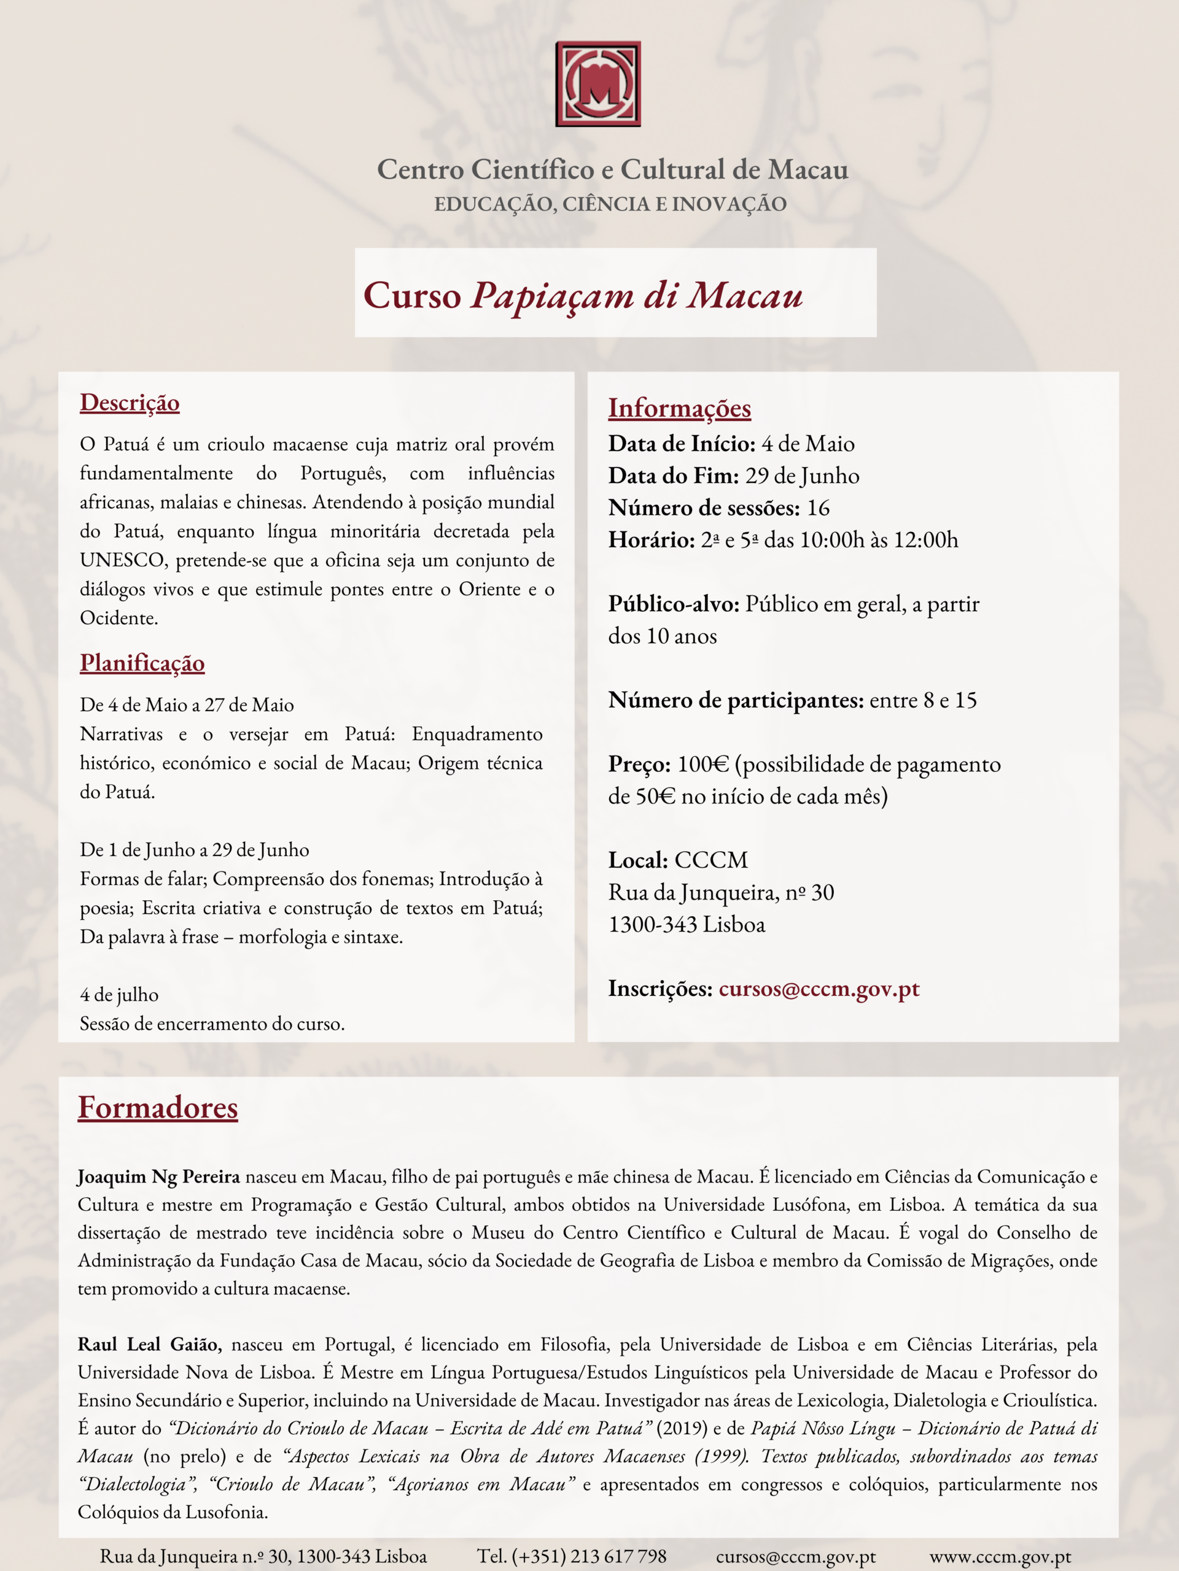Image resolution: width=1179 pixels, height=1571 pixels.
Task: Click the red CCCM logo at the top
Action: tap(597, 84)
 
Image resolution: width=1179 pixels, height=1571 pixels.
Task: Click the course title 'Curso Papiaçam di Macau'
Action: tap(583, 295)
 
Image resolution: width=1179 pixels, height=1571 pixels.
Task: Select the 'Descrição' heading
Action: tap(130, 403)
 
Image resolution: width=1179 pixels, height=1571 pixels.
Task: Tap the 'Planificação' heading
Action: tap(142, 663)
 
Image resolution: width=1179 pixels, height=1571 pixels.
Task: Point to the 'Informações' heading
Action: tap(679, 408)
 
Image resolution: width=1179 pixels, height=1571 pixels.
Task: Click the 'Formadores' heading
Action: tap(158, 1107)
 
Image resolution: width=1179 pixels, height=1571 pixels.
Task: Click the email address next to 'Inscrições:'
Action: tap(819, 989)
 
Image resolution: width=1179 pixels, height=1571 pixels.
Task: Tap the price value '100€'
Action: tap(703, 765)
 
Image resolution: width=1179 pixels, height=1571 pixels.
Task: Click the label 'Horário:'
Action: tap(651, 541)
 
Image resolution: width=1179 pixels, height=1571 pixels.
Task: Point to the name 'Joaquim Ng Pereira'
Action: tap(158, 1177)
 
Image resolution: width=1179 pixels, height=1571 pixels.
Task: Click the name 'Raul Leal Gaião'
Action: tap(149, 1345)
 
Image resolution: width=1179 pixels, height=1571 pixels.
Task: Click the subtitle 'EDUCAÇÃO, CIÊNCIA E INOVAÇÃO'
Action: tap(610, 204)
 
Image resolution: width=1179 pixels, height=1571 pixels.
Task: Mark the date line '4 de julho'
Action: tap(119, 994)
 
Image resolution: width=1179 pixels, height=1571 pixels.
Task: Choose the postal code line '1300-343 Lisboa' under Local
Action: tap(687, 925)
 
